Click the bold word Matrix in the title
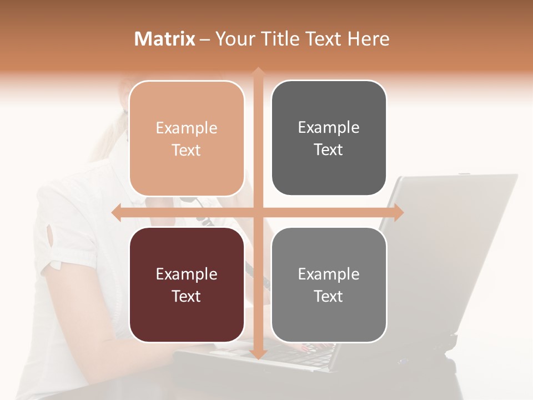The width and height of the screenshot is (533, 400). (x=164, y=39)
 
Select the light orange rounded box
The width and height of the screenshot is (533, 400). (x=187, y=138)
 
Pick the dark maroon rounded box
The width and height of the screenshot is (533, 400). (x=187, y=284)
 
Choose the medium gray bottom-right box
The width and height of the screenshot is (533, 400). (x=329, y=284)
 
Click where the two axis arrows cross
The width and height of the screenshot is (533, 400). (x=258, y=212)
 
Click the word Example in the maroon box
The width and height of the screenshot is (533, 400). (x=187, y=274)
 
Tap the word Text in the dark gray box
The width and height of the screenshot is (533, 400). (x=329, y=149)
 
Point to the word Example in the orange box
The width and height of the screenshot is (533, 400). (x=187, y=128)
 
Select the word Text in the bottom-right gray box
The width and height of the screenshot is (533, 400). (x=329, y=296)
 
